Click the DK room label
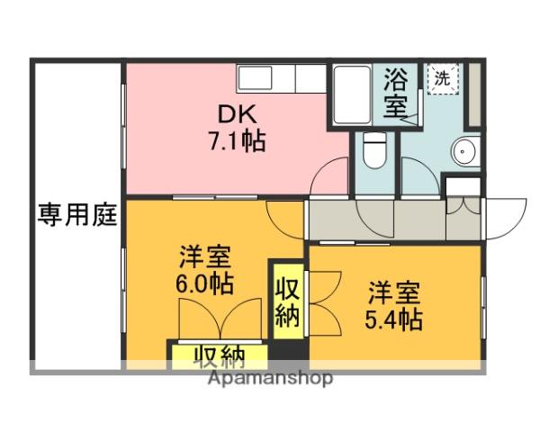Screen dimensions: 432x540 tap(237, 113)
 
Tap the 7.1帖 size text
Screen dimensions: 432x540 tap(237, 141)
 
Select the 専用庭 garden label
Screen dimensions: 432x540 tap(77, 215)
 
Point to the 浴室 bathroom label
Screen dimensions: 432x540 tap(395, 94)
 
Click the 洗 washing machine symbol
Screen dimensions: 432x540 tap(441, 78)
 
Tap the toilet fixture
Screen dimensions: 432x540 tap(373, 148)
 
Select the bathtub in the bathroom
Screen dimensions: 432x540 tap(352, 94)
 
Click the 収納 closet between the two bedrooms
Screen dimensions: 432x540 tap(288, 304)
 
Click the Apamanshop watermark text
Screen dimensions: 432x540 tap(271, 377)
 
